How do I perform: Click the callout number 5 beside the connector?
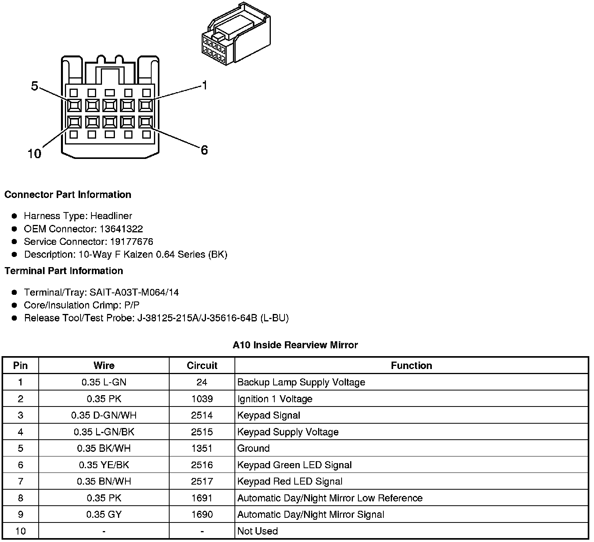point(35,86)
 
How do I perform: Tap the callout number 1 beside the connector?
point(204,85)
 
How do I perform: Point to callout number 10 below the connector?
point(34,153)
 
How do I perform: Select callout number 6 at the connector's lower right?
point(204,150)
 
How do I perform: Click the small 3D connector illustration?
point(235,34)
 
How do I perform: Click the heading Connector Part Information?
point(68,194)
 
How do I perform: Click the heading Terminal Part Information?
point(64,271)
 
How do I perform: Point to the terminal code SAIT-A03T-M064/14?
point(134,292)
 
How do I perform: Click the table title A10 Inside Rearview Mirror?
point(295,345)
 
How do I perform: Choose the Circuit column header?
point(202,365)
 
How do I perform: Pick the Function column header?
point(411,365)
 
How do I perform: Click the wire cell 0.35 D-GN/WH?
point(104,415)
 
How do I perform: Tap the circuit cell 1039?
point(202,399)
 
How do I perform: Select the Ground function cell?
point(253,448)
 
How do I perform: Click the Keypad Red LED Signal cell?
point(290,481)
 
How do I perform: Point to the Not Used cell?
point(257,531)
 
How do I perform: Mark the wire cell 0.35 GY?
point(104,515)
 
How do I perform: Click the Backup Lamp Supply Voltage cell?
point(301,382)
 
